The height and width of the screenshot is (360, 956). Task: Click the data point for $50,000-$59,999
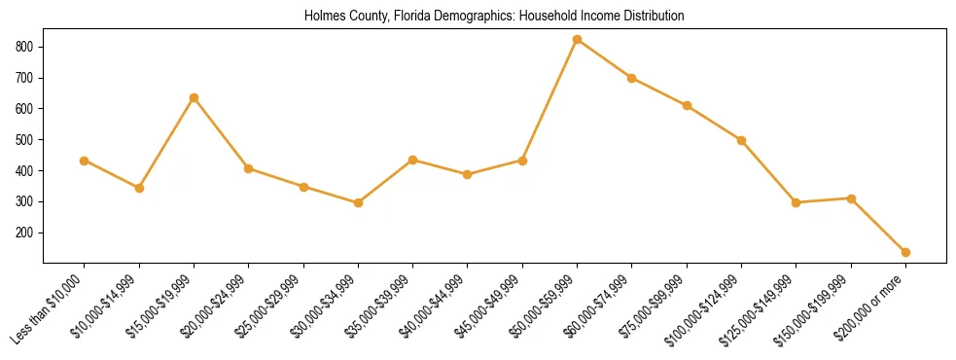577,40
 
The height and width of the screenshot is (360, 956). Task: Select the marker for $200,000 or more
905,252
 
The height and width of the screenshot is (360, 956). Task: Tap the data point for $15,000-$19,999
194,98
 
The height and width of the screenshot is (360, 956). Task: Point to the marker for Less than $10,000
85,161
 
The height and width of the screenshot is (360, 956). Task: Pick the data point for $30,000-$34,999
358,202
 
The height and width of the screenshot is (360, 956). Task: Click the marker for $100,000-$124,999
741,140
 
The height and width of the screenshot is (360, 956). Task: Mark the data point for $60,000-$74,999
632,78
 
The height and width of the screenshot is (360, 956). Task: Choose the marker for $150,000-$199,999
851,198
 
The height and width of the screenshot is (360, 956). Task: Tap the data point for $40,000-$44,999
468,175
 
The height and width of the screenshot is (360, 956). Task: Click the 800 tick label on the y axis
25,47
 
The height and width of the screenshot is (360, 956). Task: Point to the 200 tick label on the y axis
25,234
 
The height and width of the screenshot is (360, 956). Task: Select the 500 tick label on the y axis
25,140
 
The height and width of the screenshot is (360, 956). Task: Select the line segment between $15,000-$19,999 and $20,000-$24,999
221,133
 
